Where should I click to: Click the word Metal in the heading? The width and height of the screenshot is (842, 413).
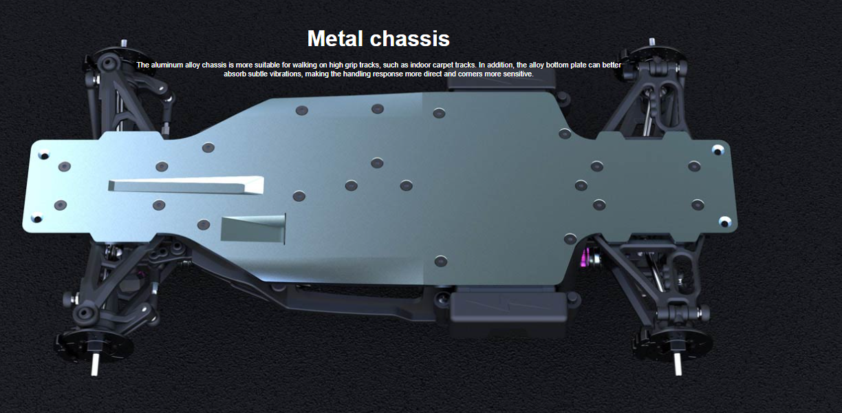click(336, 39)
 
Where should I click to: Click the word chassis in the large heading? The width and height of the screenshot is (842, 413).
click(410, 39)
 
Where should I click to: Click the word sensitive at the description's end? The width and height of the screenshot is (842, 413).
click(519, 74)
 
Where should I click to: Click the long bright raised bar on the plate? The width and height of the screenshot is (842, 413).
click(186, 185)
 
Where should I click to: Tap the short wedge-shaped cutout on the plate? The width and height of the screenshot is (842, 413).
click(253, 229)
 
